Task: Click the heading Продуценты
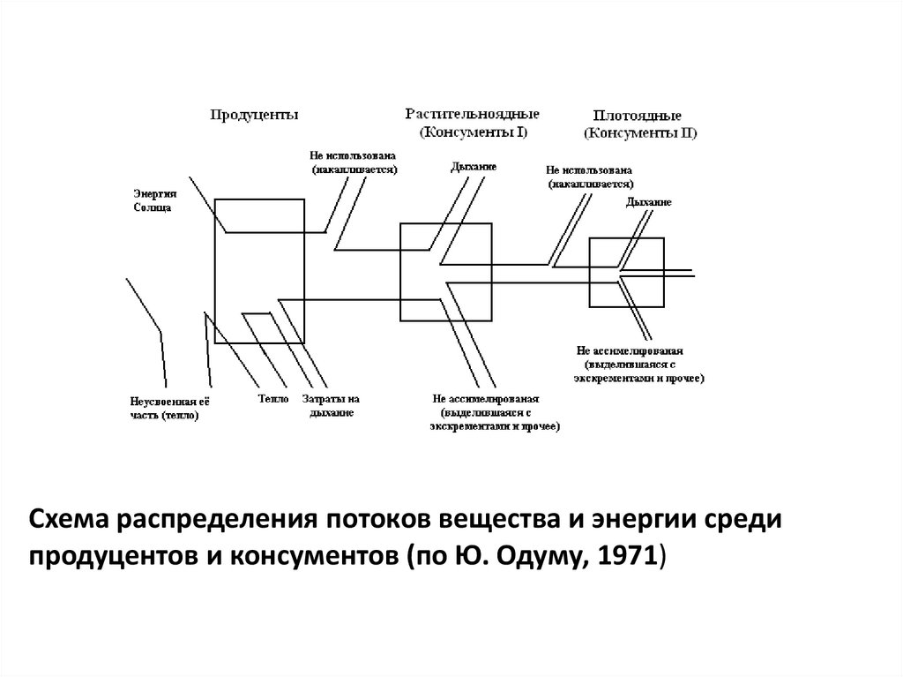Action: coord(254,115)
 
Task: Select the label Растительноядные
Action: coord(473,115)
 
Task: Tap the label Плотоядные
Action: coord(637,116)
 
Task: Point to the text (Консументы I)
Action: coord(473,132)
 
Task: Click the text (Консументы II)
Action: coord(640,133)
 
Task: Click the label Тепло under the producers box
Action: coord(274,398)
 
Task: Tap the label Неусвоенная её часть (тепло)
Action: coord(166,407)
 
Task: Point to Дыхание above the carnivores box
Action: coord(649,202)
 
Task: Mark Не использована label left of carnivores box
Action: coord(590,177)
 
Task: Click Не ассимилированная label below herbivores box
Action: coord(495,412)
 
